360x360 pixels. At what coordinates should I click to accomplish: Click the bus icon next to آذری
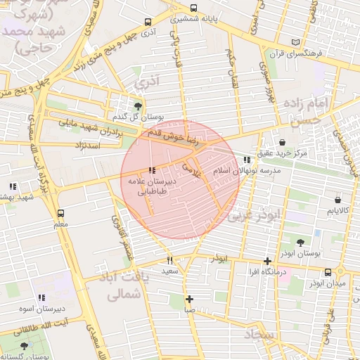147,22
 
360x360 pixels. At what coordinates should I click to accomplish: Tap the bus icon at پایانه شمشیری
193,9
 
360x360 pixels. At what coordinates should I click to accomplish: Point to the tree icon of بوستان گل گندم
138,105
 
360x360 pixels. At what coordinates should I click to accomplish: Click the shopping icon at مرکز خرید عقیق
282,142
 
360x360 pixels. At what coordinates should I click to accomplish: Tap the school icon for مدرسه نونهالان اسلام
245,160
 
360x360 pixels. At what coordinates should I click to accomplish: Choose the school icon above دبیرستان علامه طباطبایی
153,170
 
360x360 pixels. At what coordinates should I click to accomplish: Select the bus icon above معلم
60,213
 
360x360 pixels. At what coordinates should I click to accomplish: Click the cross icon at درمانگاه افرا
267,261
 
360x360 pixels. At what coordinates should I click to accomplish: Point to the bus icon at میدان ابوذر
328,272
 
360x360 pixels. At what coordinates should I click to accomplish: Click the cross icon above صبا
189,299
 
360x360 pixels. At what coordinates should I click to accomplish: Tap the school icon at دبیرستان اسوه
41,297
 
